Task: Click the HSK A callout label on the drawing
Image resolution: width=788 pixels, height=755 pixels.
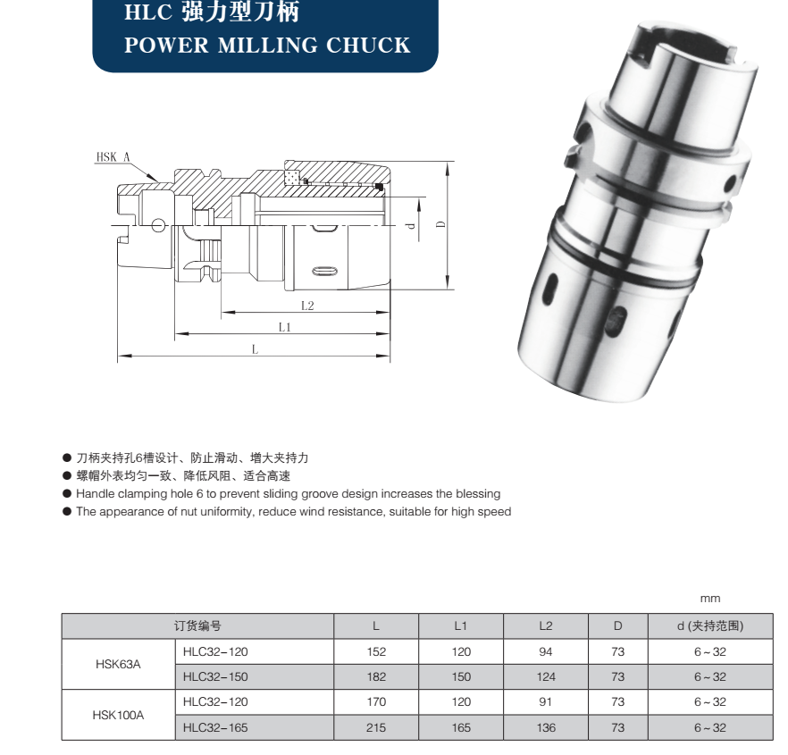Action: (113, 157)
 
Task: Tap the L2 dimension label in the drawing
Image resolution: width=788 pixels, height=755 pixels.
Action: (307, 306)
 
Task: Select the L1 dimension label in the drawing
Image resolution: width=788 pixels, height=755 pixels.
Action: (285, 327)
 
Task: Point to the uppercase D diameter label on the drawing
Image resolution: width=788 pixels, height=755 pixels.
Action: (440, 224)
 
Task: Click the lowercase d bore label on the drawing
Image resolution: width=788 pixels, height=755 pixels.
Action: (411, 226)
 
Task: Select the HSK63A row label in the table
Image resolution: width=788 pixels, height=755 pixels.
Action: (118, 664)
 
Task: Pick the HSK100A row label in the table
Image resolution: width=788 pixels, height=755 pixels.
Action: (118, 715)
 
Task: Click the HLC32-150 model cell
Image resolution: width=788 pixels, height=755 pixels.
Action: (215, 676)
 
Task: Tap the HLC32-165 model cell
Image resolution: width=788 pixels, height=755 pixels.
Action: (215, 727)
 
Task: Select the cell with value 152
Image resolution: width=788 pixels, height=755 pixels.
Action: (376, 651)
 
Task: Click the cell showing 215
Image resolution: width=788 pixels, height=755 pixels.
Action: (376, 727)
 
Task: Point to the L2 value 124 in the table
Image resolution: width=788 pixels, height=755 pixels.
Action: (546, 676)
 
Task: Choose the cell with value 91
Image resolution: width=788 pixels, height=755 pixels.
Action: (546, 702)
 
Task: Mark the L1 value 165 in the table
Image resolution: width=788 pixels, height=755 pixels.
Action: (461, 727)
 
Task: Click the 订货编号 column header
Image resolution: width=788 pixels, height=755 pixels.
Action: (197, 625)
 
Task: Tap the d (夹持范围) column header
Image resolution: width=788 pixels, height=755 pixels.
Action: (710, 625)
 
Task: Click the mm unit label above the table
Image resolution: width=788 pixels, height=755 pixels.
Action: (710, 599)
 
